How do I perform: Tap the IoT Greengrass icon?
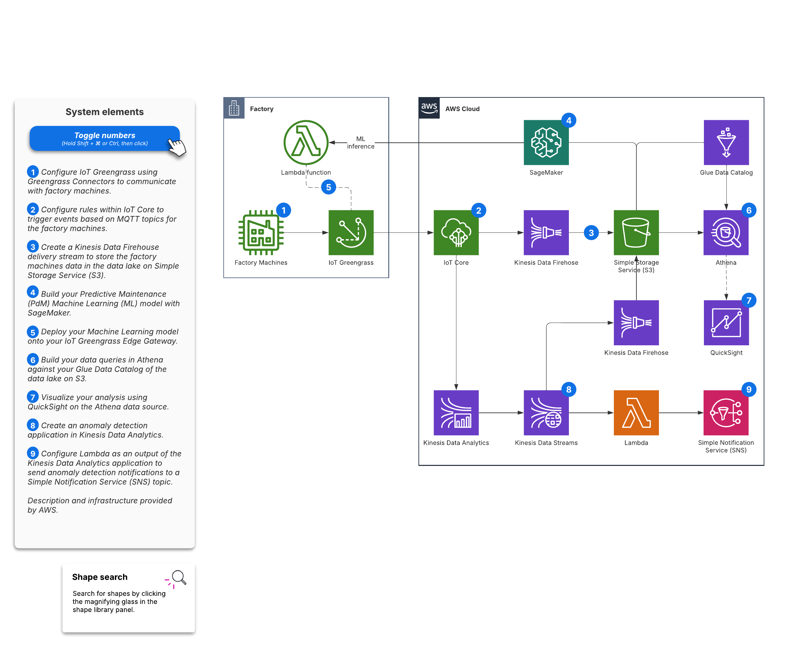tap(351, 232)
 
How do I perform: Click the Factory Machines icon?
tap(261, 232)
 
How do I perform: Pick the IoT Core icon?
tap(456, 232)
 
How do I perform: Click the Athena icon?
tap(726, 232)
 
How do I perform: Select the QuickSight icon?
tap(726, 322)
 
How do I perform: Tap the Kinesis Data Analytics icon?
tap(456, 412)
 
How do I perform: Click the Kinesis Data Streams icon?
tap(546, 412)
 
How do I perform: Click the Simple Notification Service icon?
tap(726, 412)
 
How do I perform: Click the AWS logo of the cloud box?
tap(429, 108)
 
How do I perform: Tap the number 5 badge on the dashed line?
tap(328, 187)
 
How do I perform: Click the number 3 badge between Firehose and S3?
tap(591, 233)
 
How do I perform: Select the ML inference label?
tap(361, 143)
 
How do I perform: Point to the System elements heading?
tap(104, 112)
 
